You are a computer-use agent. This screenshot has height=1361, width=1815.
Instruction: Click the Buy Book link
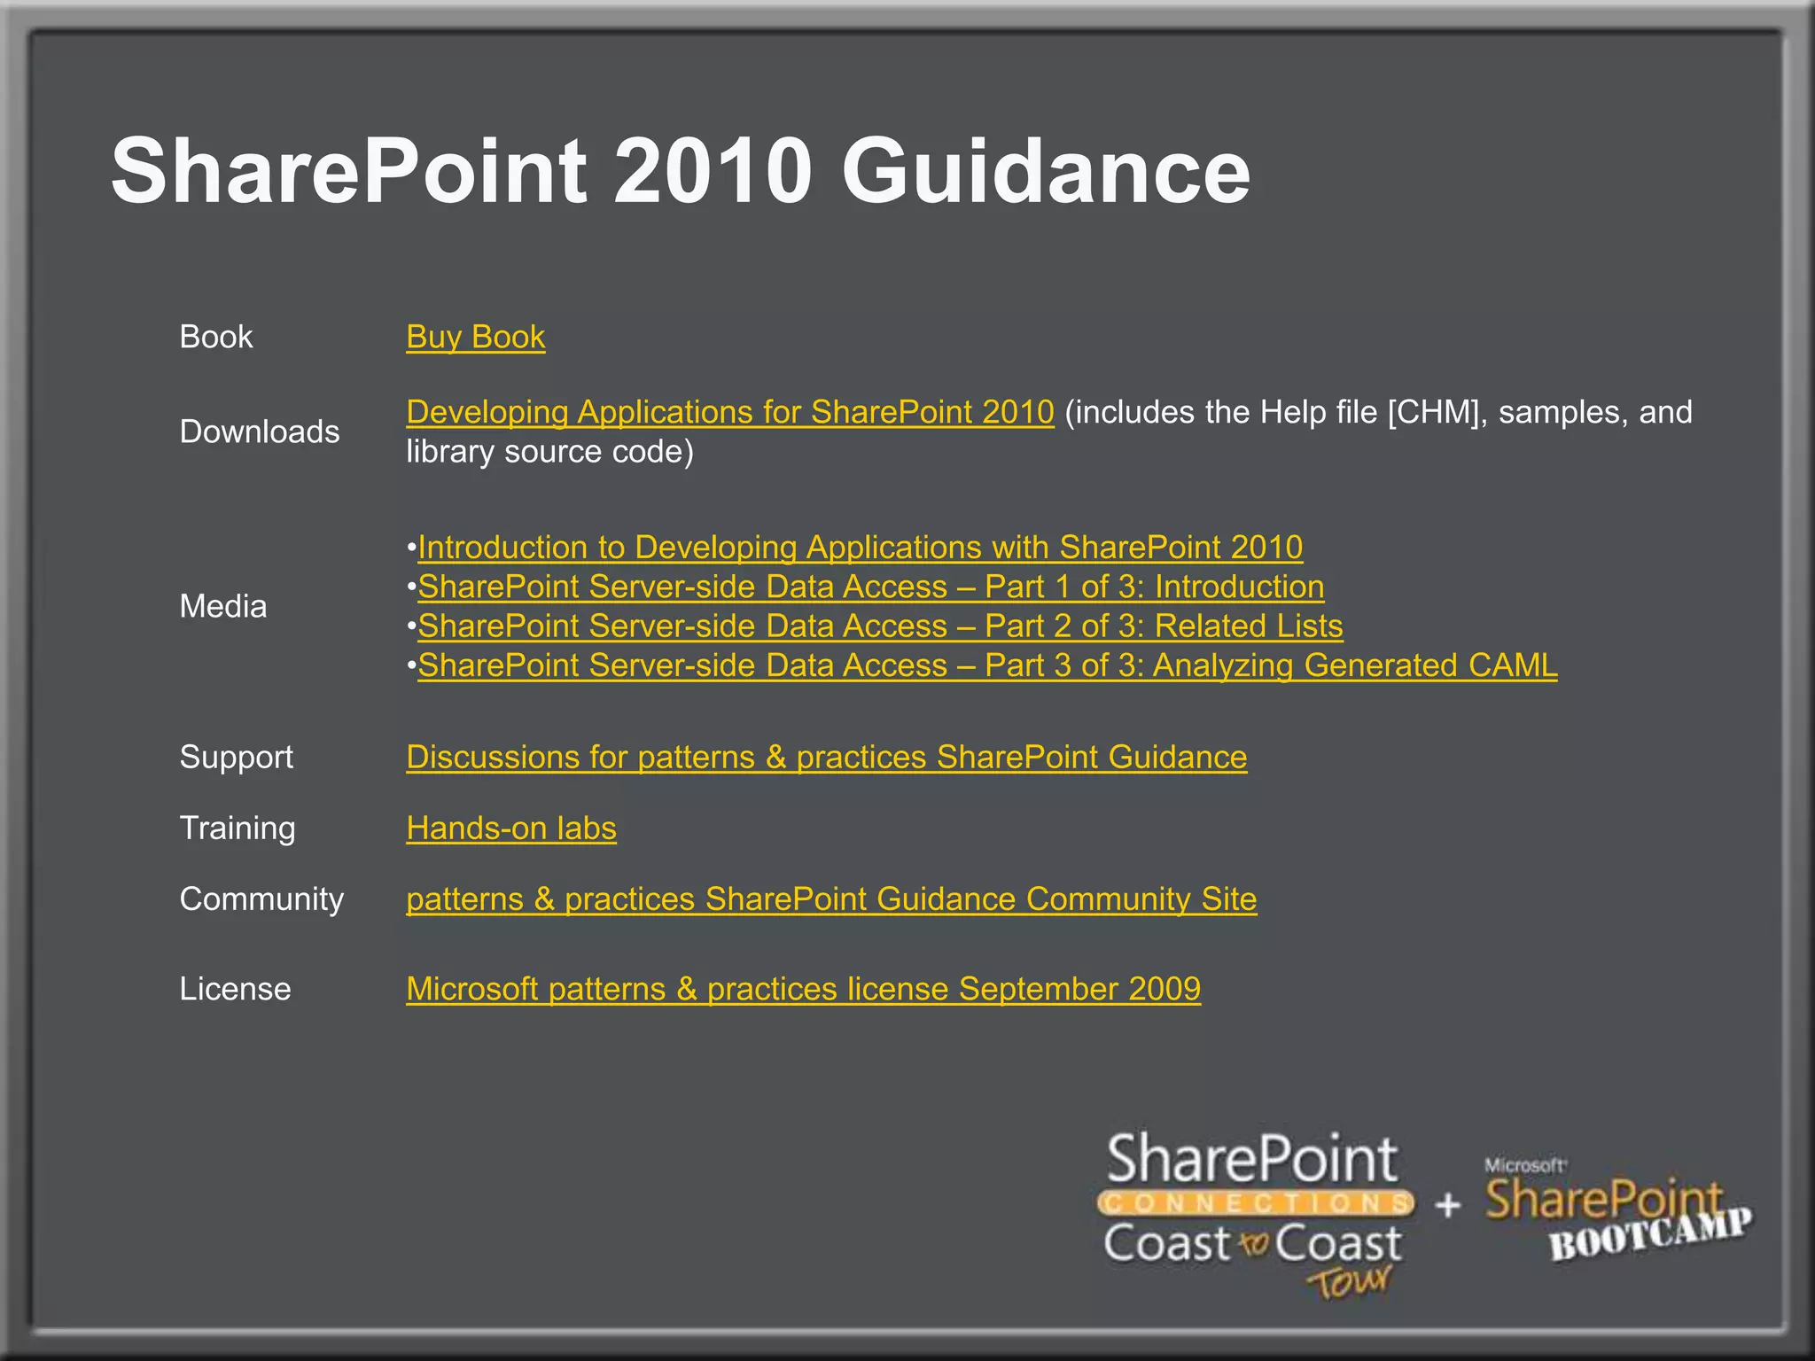tap(475, 338)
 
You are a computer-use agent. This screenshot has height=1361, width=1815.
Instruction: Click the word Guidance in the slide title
tap(1045, 171)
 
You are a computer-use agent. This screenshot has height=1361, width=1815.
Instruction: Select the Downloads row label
tap(259, 432)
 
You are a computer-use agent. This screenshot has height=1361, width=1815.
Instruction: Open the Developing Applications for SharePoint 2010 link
tap(729, 413)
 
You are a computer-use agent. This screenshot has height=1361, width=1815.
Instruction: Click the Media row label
tap(222, 606)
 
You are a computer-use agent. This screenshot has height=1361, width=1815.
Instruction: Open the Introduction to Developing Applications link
tap(860, 548)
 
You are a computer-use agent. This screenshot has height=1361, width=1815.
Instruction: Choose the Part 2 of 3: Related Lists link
tap(880, 626)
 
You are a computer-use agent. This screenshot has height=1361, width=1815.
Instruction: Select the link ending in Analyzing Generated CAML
tap(987, 665)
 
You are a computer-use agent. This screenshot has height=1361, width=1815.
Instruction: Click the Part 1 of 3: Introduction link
tap(870, 587)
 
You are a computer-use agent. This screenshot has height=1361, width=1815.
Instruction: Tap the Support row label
tap(236, 757)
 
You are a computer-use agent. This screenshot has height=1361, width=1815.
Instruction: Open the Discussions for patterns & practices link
tap(826, 758)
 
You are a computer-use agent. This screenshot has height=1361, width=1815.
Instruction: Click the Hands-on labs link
tap(510, 828)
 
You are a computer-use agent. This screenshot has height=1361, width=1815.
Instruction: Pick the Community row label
tap(261, 898)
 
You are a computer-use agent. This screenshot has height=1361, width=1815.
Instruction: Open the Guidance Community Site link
tap(830, 899)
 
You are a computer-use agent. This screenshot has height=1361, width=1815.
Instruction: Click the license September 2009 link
tap(803, 989)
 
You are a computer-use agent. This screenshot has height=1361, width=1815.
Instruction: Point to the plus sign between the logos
tap(1447, 1205)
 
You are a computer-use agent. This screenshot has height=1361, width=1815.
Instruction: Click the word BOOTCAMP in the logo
tap(1649, 1234)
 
